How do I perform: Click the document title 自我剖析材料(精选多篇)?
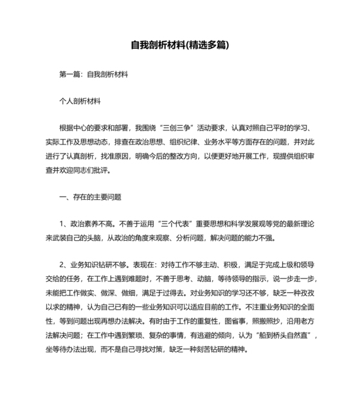180,46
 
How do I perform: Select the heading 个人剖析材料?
79,101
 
